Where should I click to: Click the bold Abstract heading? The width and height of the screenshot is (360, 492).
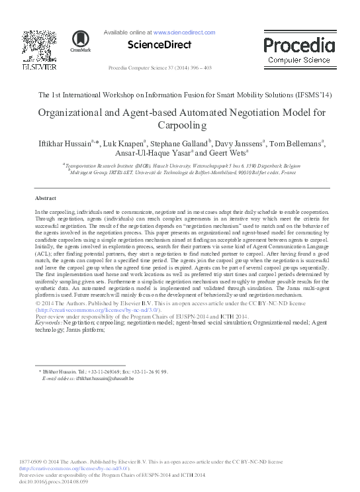point(45,199)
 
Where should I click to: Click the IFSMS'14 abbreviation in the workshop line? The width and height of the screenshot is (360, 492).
point(311,95)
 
